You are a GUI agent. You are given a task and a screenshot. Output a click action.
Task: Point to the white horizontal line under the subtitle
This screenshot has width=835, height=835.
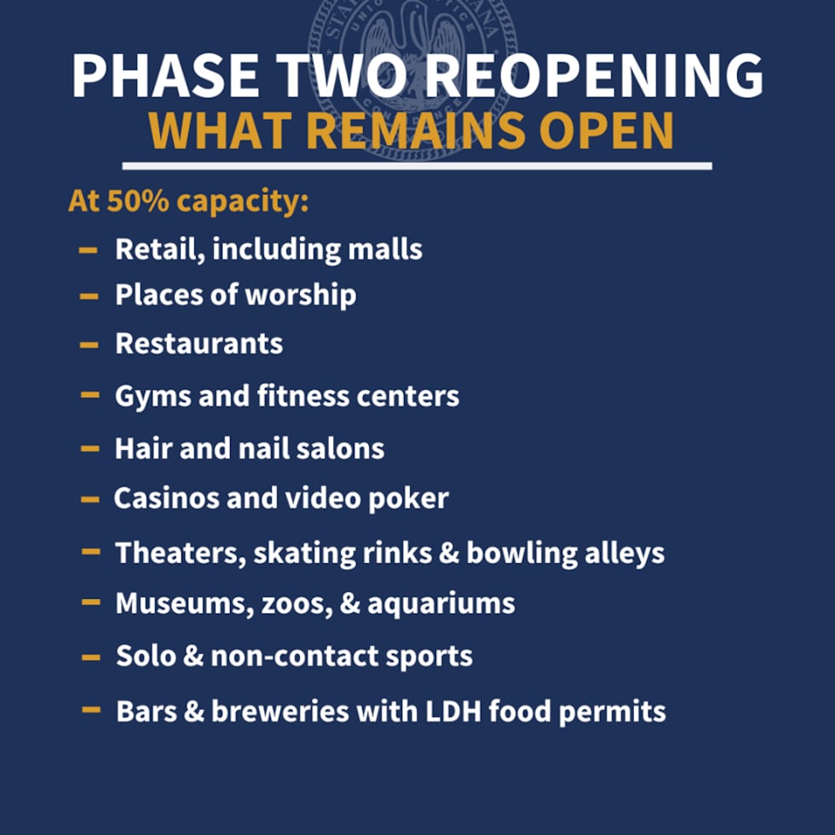417,165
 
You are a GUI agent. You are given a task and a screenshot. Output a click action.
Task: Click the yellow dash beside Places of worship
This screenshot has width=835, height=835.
89,296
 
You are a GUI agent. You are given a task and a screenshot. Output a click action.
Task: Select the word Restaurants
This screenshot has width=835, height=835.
199,343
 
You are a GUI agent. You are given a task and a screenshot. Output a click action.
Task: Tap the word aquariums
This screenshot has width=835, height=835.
451,604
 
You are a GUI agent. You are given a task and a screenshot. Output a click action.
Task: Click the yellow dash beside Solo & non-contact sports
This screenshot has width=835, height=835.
91,657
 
